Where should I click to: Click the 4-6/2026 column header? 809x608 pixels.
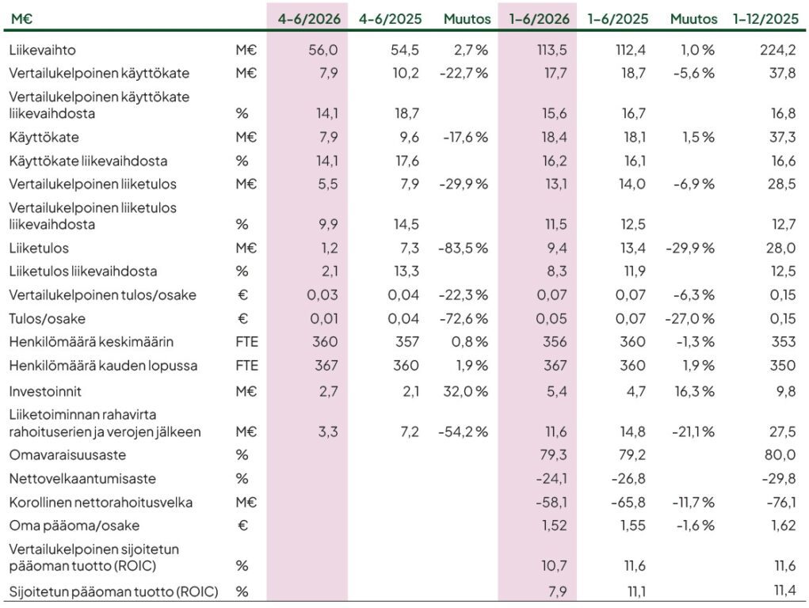pyautogui.click(x=309, y=19)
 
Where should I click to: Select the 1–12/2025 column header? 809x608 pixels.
pyautogui.click(x=765, y=19)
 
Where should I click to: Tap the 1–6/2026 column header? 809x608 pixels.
pyautogui.click(x=539, y=19)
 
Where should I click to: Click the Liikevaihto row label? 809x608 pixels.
pyautogui.click(x=42, y=50)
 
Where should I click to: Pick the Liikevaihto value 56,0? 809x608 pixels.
pyautogui.click(x=323, y=50)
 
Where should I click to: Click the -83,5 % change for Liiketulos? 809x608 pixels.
pyautogui.click(x=463, y=248)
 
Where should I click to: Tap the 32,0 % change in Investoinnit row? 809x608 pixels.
pyautogui.click(x=465, y=391)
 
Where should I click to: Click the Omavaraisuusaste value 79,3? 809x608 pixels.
pyautogui.click(x=551, y=455)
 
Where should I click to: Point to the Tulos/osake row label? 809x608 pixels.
pyautogui.click(x=47, y=319)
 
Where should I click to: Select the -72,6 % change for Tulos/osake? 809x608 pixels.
pyautogui.click(x=464, y=319)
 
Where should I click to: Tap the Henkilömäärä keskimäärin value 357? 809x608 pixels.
pyautogui.click(x=406, y=342)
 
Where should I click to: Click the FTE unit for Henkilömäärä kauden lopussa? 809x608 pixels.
pyautogui.click(x=246, y=366)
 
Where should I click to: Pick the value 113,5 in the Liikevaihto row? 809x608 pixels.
pyautogui.click(x=551, y=50)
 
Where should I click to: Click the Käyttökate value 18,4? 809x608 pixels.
pyautogui.click(x=554, y=137)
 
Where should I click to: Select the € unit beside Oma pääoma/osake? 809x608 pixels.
pyautogui.click(x=242, y=526)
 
